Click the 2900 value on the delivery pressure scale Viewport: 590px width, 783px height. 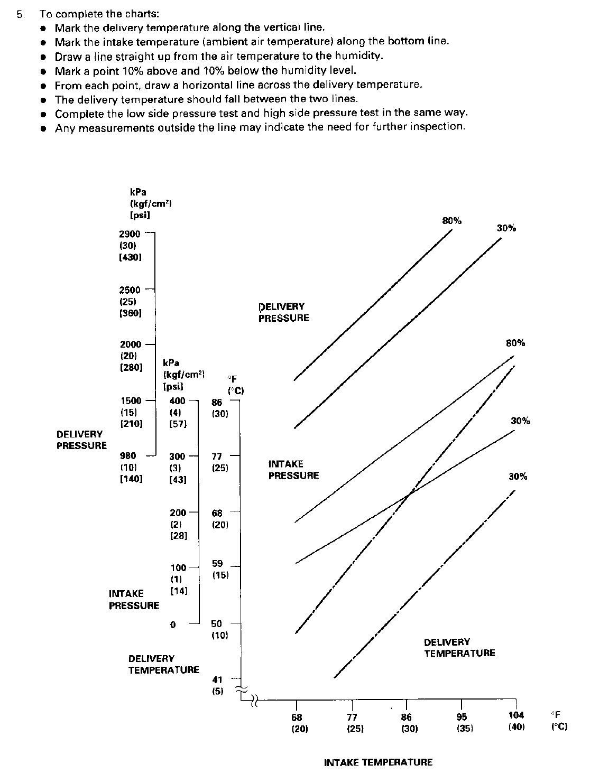pos(130,234)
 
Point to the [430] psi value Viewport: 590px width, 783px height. pos(130,257)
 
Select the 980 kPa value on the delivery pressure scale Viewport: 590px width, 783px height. pos(128,456)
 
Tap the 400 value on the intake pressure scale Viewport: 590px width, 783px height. pos(178,401)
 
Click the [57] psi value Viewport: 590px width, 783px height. pos(178,424)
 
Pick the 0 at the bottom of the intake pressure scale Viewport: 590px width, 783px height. pos(173,624)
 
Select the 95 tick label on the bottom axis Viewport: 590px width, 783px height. pos(462,717)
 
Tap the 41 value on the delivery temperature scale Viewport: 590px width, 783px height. pos(217,679)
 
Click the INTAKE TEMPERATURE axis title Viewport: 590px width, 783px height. pos(378,762)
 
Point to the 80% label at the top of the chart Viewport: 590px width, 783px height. pos(451,221)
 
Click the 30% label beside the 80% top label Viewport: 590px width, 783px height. pos(506,228)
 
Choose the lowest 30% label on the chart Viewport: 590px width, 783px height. pos(518,476)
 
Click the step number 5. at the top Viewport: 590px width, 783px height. pos(21,14)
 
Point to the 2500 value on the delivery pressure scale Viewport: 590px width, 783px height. pos(130,290)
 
